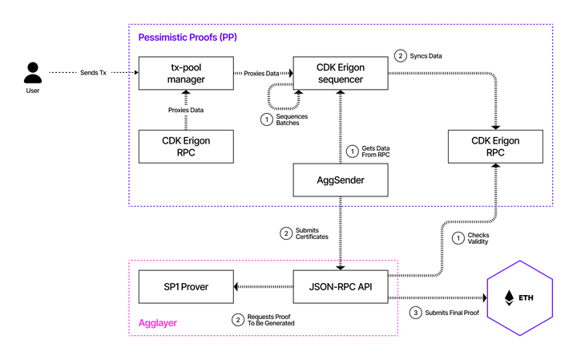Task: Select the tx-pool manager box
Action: click(x=185, y=73)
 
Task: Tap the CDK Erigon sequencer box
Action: click(x=341, y=73)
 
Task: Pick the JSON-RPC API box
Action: click(x=341, y=286)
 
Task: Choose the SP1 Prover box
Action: click(x=185, y=286)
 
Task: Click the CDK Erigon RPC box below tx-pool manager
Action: click(x=185, y=145)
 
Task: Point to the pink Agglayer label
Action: click(x=159, y=322)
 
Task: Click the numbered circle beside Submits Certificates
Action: click(x=284, y=234)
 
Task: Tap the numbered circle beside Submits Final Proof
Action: click(x=415, y=312)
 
